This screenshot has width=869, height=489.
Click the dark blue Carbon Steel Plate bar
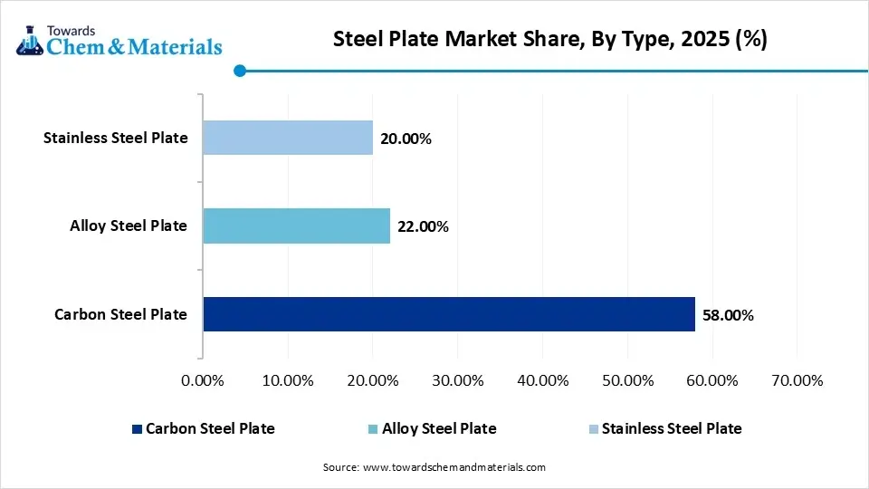pyautogui.click(x=448, y=314)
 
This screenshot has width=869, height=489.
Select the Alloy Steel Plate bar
pyautogui.click(x=296, y=226)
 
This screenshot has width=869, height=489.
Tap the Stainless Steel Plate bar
pyautogui.click(x=287, y=138)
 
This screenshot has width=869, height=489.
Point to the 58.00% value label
pyautogui.click(x=728, y=316)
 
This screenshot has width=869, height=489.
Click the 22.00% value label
pyautogui.click(x=423, y=227)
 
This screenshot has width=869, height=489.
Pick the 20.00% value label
pyautogui.click(x=406, y=139)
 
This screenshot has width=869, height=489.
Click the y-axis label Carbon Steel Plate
pyautogui.click(x=120, y=315)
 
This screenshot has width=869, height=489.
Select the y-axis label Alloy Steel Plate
pyautogui.click(x=129, y=226)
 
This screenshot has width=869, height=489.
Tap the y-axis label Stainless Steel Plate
pyautogui.click(x=116, y=138)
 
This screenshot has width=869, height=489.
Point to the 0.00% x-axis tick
pyautogui.click(x=203, y=380)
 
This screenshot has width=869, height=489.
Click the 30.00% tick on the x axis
pyautogui.click(x=457, y=380)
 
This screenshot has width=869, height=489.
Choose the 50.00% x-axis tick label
pyautogui.click(x=626, y=380)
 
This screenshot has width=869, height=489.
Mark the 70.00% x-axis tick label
pyautogui.click(x=797, y=380)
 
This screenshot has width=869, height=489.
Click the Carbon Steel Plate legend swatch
pyautogui.click(x=137, y=429)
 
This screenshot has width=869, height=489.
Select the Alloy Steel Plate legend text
pyautogui.click(x=439, y=429)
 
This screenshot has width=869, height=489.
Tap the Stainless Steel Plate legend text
pyautogui.click(x=672, y=429)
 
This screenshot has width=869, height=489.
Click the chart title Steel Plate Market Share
pyautogui.click(x=549, y=40)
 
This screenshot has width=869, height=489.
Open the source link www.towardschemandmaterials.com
pyautogui.click(x=454, y=467)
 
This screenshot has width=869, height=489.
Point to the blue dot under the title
pyautogui.click(x=239, y=71)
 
